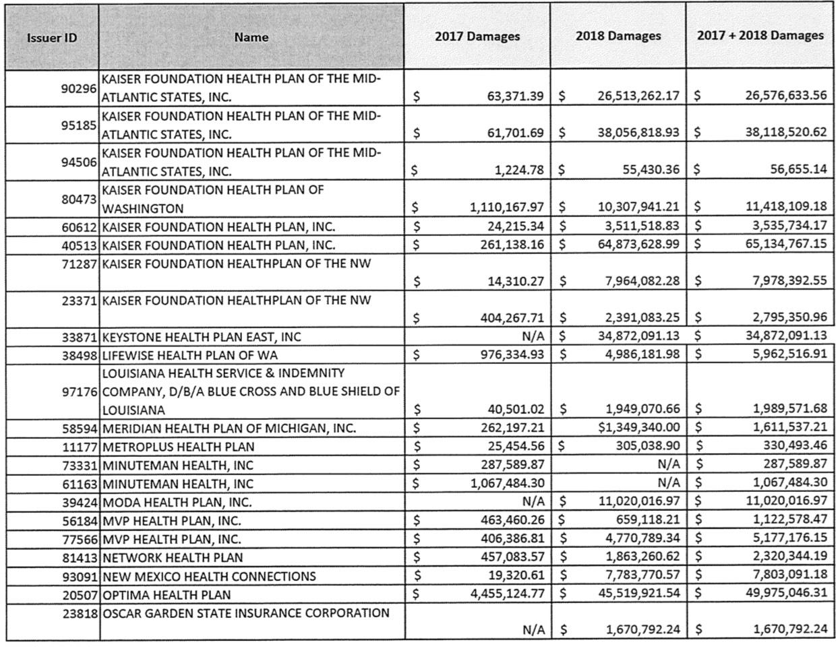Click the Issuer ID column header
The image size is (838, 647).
tap(52, 38)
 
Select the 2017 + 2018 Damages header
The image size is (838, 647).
tap(760, 35)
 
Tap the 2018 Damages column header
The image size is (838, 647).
tap(618, 36)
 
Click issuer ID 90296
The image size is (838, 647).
tap(80, 88)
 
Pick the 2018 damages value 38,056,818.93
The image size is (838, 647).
tap(638, 133)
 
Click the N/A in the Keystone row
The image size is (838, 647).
tap(533, 336)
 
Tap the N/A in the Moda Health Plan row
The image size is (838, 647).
tap(533, 501)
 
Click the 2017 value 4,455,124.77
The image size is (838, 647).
tap(507, 594)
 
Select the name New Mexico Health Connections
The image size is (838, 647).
tap(209, 576)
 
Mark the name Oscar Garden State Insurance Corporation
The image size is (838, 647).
tap(246, 613)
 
